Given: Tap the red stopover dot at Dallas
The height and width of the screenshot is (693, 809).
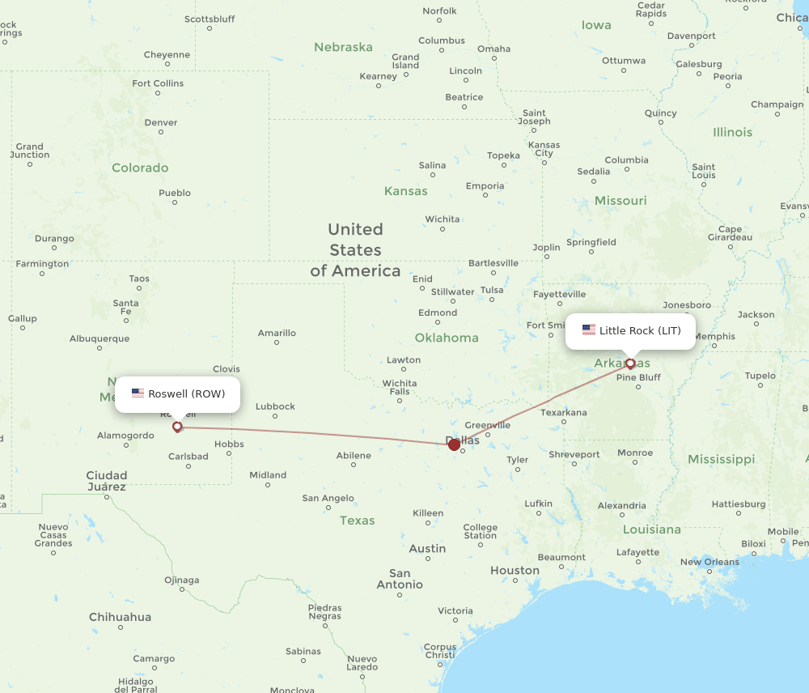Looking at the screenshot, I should (x=454, y=444).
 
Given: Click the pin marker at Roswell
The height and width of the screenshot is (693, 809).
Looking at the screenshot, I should (x=177, y=426).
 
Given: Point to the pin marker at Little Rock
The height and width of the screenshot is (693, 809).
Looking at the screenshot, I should (x=630, y=364).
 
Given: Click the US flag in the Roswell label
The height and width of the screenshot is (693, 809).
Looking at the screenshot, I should (x=138, y=394).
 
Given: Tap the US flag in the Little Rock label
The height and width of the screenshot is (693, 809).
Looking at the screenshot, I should (x=588, y=331).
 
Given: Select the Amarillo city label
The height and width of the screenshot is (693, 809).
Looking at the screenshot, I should (x=277, y=333).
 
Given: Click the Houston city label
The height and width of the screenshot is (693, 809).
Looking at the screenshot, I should (x=515, y=570).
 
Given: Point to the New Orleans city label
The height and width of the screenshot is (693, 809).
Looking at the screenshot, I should (x=709, y=562).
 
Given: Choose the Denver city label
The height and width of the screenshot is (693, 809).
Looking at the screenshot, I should (x=160, y=122).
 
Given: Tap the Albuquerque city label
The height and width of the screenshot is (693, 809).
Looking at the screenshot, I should (x=100, y=338).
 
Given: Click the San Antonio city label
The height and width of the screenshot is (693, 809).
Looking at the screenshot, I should (x=400, y=579).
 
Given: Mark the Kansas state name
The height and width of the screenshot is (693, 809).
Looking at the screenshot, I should (x=405, y=191).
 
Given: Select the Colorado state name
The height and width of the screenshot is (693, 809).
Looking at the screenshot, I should (x=140, y=168).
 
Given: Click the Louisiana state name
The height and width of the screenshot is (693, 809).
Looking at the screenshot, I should (x=652, y=529).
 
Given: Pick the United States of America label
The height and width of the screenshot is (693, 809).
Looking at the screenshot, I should (x=355, y=249).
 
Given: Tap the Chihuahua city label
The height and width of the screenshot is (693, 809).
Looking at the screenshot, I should (x=120, y=617).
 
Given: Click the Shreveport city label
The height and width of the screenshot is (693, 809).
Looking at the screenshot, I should (x=574, y=454).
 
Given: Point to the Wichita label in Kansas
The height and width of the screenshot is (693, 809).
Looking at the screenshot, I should (x=443, y=219).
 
